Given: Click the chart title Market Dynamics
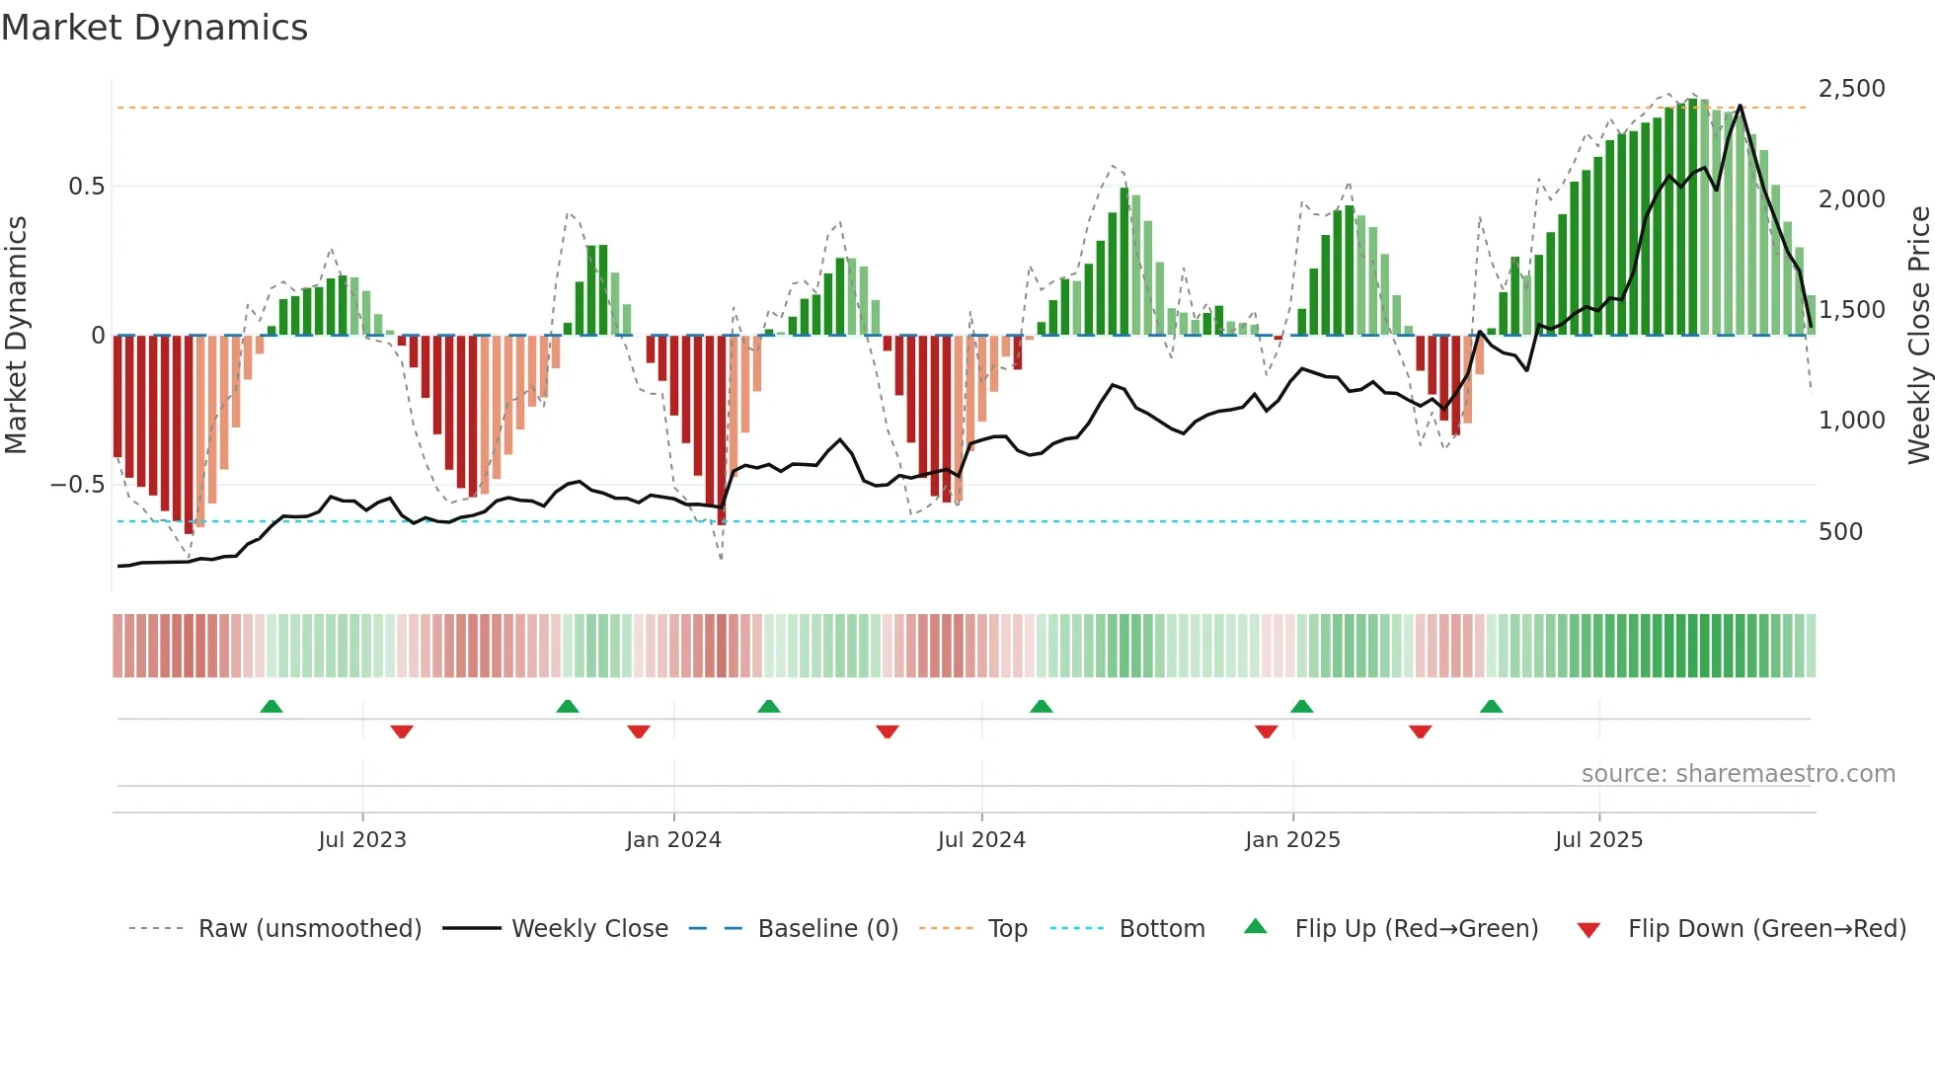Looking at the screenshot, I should coord(154,28).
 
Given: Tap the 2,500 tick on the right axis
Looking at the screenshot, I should coord(1851,89).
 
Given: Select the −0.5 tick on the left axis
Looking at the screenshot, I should coord(77,485).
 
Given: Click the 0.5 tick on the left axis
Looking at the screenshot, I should coord(86,187).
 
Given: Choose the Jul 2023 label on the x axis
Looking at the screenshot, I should coord(361,840).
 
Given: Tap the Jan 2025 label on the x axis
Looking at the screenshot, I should coord(1291,840).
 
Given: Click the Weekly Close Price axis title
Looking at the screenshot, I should coord(1918,336).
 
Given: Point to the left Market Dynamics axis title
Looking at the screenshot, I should coord(16,336).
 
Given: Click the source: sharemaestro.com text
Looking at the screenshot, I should coord(1738,774).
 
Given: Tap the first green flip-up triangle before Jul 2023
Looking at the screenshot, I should coord(271,706).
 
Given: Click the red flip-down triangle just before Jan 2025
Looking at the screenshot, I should coord(1266,732).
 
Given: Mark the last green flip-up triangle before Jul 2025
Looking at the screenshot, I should coord(1491,706).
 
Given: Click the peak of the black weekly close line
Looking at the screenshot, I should coord(1740,106).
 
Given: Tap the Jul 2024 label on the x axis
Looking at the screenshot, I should coord(980,840).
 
